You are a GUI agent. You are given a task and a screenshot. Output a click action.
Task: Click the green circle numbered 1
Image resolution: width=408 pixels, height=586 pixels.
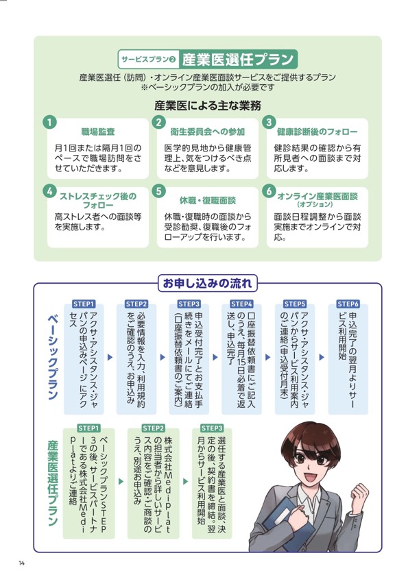point(49,122)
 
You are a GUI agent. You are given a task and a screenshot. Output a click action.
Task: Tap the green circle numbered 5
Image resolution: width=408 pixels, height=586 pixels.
point(159,191)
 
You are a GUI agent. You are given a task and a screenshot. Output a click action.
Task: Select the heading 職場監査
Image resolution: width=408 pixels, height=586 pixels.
point(98,132)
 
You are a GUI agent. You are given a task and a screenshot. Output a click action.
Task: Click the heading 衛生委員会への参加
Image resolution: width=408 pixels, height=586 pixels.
point(208,132)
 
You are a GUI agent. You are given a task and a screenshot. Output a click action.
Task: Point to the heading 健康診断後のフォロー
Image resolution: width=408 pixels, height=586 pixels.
point(317,132)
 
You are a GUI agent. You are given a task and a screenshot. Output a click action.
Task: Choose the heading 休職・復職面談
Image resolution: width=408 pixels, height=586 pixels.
point(208,201)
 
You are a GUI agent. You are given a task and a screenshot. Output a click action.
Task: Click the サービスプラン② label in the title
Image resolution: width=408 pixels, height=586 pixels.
point(148,60)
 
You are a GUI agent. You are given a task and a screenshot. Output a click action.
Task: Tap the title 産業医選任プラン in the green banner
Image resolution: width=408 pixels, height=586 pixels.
point(238,60)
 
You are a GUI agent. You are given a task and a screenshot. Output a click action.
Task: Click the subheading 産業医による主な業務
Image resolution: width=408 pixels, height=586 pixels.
point(208,106)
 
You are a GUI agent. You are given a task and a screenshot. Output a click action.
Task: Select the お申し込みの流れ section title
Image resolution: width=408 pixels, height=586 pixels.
point(208,283)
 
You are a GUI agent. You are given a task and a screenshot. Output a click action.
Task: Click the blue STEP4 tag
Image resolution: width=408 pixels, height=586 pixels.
point(241,304)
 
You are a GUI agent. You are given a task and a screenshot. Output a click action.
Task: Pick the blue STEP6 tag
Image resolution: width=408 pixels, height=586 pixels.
point(348,304)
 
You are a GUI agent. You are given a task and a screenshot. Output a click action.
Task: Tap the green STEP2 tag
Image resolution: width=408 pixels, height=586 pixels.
point(154,428)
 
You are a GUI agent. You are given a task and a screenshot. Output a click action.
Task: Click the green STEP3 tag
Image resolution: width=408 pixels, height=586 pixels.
point(212,428)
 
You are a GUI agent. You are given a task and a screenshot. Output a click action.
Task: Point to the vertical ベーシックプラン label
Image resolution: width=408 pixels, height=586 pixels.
point(53,357)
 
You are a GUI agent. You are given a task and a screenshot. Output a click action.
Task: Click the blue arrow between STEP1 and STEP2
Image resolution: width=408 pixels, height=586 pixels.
point(110,357)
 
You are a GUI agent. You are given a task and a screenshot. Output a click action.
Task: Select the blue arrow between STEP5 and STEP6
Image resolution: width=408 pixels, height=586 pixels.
point(321,357)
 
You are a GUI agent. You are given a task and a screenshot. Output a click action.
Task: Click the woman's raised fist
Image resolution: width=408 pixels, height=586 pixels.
point(359,498)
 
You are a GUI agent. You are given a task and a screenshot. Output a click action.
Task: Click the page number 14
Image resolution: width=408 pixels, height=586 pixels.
point(22,563)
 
